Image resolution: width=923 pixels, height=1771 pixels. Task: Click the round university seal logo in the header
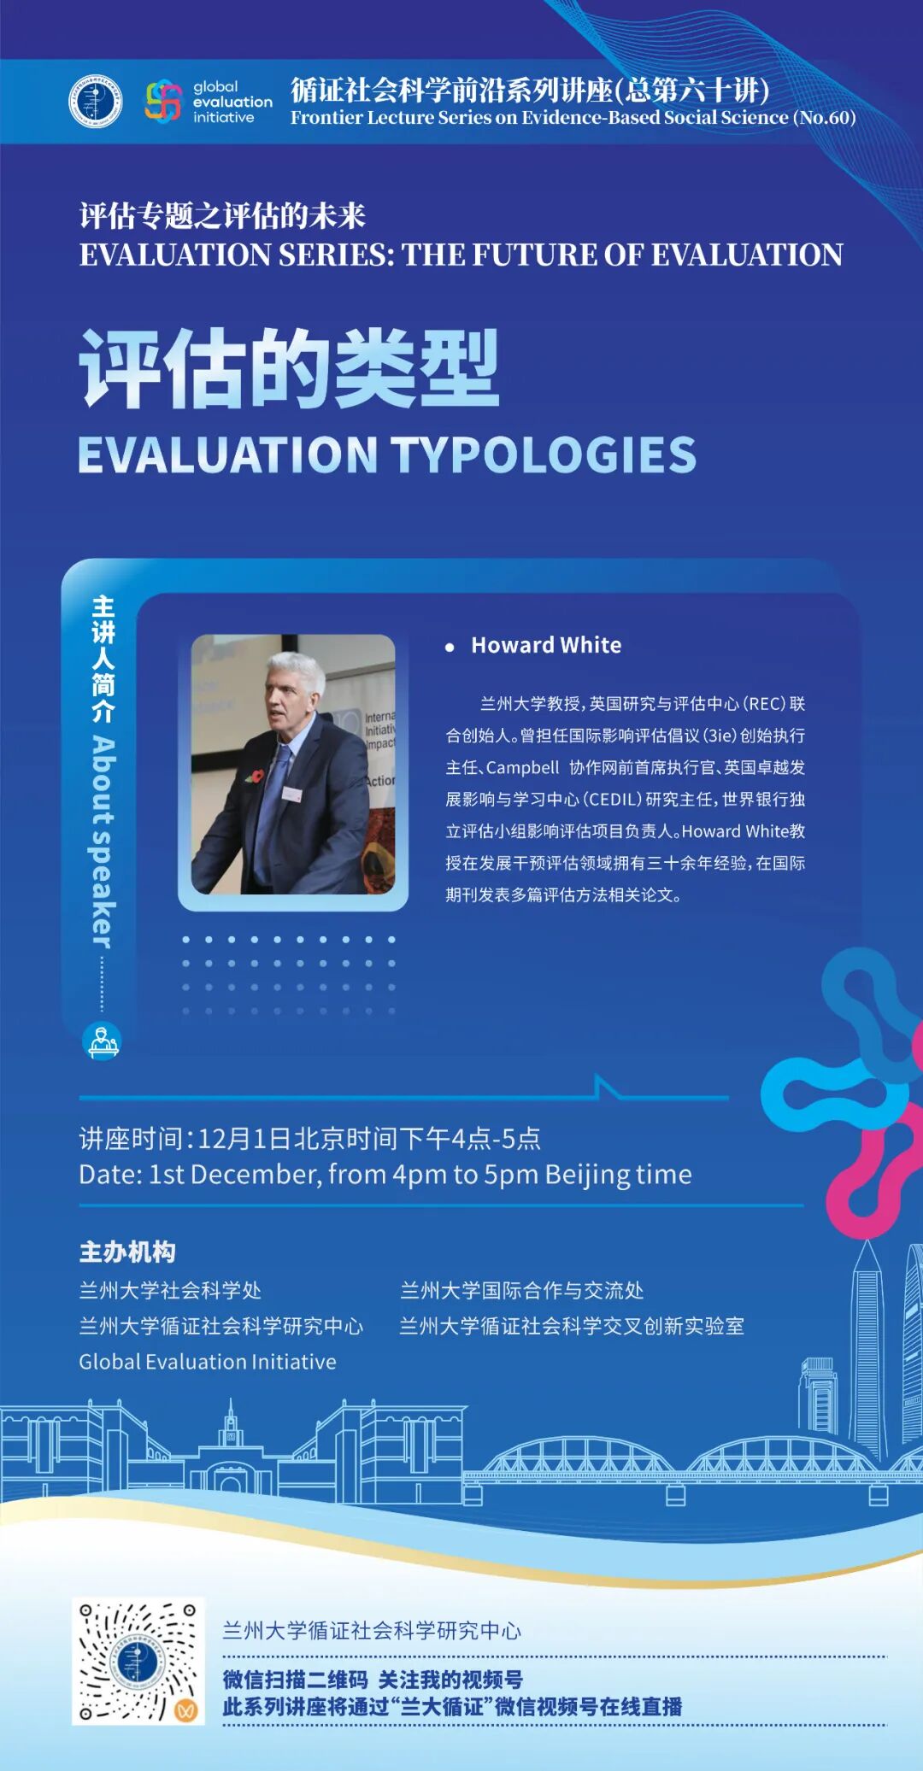click(95, 102)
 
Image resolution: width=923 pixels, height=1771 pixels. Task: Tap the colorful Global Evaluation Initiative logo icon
click(163, 102)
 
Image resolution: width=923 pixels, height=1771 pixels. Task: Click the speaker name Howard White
click(546, 645)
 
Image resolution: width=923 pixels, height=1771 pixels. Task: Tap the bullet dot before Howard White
click(450, 648)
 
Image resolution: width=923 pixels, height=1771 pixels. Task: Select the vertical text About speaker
click(103, 842)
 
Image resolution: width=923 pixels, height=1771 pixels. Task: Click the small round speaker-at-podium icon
click(102, 1041)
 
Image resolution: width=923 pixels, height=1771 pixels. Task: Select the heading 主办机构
click(127, 1252)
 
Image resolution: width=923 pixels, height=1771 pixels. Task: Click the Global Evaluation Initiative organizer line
click(208, 1362)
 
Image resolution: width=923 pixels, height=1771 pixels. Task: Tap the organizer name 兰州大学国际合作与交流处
click(521, 1290)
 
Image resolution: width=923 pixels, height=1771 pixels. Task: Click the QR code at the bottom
click(138, 1661)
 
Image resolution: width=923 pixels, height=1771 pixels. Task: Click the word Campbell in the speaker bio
click(523, 768)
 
